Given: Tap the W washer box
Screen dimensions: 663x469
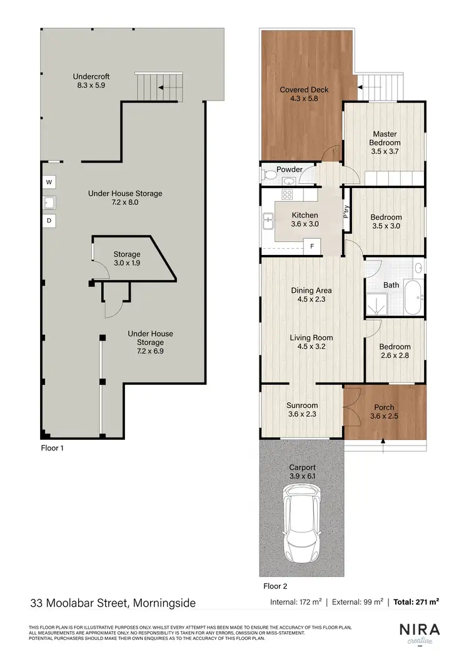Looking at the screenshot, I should pyautogui.click(x=49, y=182).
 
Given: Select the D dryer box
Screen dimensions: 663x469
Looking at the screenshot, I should pyautogui.click(x=49, y=221).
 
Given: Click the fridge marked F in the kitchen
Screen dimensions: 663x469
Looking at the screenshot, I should pyautogui.click(x=312, y=246).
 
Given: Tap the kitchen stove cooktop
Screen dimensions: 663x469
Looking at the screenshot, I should pyautogui.click(x=288, y=194).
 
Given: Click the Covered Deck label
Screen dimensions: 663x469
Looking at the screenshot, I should pyautogui.click(x=304, y=94).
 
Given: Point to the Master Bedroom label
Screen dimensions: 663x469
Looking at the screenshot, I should pyautogui.click(x=385, y=142).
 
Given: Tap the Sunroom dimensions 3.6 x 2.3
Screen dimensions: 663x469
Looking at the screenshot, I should pyautogui.click(x=303, y=415).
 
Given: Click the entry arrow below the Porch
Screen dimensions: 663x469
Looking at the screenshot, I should pyautogui.click(x=384, y=444).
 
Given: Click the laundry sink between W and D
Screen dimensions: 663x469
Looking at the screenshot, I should pyautogui.click(x=49, y=202).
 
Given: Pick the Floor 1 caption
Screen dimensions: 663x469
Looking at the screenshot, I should pyautogui.click(x=52, y=448).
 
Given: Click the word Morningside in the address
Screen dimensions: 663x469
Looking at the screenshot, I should pyautogui.click(x=163, y=603).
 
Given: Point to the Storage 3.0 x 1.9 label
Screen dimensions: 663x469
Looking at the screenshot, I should pyautogui.click(x=127, y=259).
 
